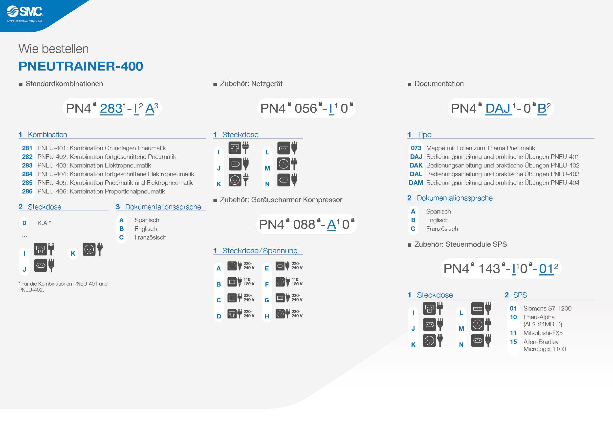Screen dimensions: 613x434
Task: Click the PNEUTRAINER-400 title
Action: pyautogui.click(x=81, y=66)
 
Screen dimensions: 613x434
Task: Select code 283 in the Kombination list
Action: pyautogui.click(x=27, y=166)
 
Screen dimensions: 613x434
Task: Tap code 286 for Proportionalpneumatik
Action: pyautogui.click(x=27, y=191)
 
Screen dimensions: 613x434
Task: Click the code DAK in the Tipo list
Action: pyautogui.click(x=416, y=166)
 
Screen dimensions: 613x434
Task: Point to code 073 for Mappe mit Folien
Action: pyautogui.click(x=416, y=148)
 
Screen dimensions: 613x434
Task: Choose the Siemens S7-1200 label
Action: pyautogui.click(x=547, y=308)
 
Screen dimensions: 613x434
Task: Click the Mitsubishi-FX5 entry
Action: pyautogui.click(x=543, y=333)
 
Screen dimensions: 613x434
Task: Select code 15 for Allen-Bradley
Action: pyautogui.click(x=513, y=342)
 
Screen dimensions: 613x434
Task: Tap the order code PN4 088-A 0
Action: pyautogui.click(x=306, y=224)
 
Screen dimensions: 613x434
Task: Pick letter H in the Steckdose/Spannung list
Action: pyautogui.click(x=266, y=316)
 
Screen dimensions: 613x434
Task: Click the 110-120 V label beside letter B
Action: pyautogui.click(x=249, y=282)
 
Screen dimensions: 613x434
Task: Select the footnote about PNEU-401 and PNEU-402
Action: pyautogui.click(x=63, y=287)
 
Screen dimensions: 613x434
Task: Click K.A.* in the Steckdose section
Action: pyautogui.click(x=44, y=223)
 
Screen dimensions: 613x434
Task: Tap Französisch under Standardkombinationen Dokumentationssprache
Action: pyautogui.click(x=150, y=237)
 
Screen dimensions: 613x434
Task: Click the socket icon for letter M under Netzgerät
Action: pyautogui.click(x=284, y=164)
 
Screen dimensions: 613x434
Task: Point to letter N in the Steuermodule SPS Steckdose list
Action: pyautogui.click(x=461, y=345)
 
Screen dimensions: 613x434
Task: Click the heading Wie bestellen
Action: pyautogui.click(x=53, y=49)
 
